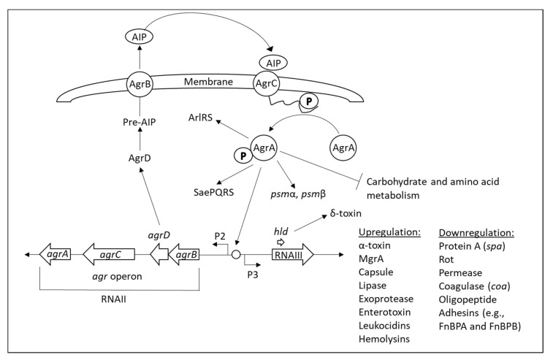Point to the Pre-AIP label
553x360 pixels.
click(x=137, y=125)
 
